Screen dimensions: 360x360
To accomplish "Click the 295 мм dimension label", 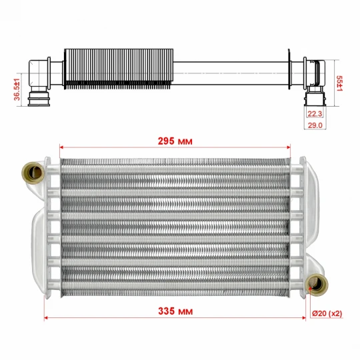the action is coord(175,141).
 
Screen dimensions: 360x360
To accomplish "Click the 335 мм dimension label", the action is coord(175,311).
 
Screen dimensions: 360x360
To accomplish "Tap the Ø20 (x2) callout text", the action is coord(327,313).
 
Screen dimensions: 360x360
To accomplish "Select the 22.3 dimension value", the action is coord(315,113).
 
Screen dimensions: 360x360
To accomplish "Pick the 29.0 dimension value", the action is coord(315,125).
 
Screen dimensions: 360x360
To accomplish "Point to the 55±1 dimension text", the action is coord(339,83).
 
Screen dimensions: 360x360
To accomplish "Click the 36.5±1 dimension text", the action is coord(17,89).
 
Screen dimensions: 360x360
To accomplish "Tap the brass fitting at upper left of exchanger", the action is coord(33,173).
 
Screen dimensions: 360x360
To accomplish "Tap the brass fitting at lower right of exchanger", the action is coord(317,285).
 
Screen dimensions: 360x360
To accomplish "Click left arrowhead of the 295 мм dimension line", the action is coord(61,147).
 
